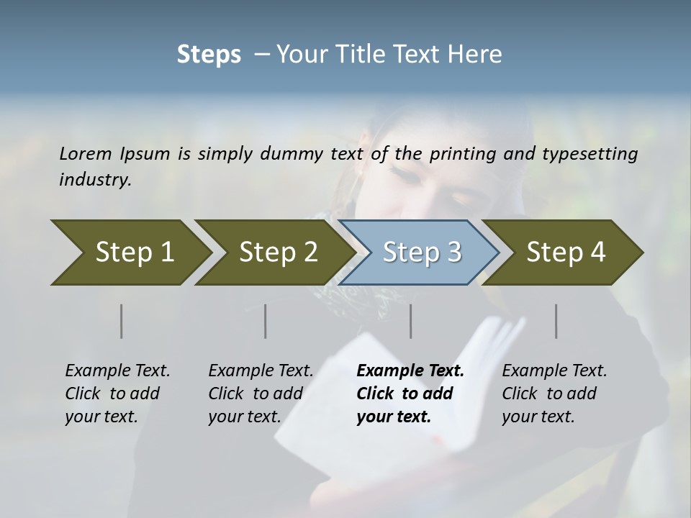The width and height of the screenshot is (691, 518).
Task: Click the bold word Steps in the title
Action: coord(209,55)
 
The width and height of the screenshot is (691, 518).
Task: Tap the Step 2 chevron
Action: coord(278,253)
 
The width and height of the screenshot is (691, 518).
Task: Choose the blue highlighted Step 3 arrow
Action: coord(421,253)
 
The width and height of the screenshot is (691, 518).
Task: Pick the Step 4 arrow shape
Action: coord(566,253)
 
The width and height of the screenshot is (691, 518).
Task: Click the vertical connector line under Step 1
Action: coord(122,321)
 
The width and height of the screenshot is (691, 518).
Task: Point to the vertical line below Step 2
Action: coord(266,321)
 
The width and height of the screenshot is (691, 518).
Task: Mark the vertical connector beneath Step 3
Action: coord(410,321)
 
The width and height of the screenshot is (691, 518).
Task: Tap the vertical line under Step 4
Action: coord(556,321)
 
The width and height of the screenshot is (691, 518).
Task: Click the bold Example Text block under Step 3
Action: coord(410,394)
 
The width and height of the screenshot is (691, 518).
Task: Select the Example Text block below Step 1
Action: coord(117,394)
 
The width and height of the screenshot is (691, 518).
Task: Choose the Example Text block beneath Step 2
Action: coord(261,394)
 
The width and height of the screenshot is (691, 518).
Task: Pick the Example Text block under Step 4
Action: coord(554,394)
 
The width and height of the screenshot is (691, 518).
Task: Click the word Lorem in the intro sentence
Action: coord(86,154)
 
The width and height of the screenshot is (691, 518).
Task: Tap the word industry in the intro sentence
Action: coord(95,180)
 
